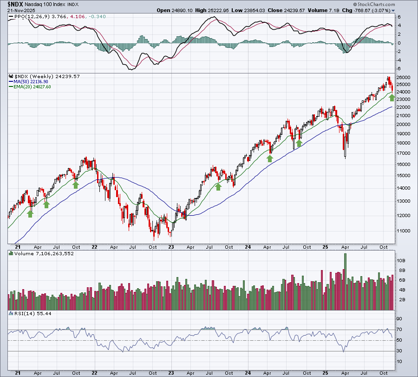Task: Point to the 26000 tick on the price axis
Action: pos(403,77)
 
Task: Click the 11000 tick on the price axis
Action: pos(403,231)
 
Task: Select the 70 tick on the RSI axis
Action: pos(399,330)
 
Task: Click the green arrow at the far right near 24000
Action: pos(392,98)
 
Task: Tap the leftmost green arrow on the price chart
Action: pos(30,213)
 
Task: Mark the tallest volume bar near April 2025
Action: pos(345,282)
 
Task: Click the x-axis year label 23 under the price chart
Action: pos(171,247)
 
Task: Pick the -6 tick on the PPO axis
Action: pos(398,68)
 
